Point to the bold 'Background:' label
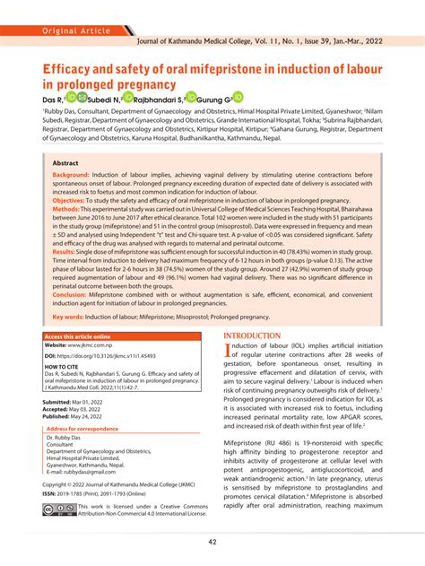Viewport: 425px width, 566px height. (77, 178)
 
